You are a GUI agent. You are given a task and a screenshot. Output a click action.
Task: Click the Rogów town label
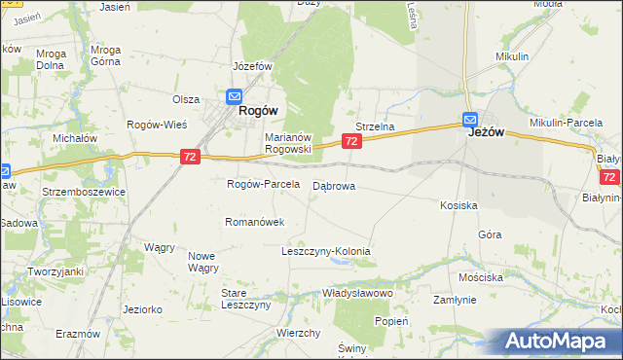(261, 111)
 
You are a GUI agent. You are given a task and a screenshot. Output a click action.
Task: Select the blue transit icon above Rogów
(235, 96)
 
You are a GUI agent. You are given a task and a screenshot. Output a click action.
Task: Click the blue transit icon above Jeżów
(469, 119)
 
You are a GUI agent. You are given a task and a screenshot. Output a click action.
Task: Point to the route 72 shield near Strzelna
(352, 142)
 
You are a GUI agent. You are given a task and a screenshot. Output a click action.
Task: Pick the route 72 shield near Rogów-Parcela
(190, 156)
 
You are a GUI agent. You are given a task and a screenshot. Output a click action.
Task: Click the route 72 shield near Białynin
(609, 177)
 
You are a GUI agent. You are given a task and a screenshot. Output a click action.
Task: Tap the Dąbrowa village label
(334, 185)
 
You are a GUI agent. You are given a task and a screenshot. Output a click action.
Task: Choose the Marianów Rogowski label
(287, 143)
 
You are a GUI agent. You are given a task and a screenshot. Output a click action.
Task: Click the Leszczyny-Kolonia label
(326, 251)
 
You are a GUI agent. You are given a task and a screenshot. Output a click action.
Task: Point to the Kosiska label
(458, 205)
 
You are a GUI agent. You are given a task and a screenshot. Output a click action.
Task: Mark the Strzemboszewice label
(83, 192)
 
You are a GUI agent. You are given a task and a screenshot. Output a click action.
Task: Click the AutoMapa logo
(558, 341)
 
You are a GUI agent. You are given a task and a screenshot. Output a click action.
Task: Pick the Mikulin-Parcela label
(567, 122)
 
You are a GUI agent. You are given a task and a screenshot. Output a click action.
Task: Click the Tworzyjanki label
(55, 270)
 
